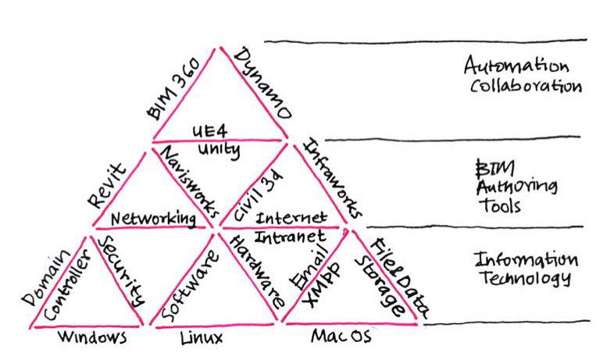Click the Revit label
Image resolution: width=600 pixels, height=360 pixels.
pyautogui.click(x=107, y=186)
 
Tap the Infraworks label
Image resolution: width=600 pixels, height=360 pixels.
pyautogui.click(x=333, y=177)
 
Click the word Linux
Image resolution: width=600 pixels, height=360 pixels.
pyautogui.click(x=201, y=338)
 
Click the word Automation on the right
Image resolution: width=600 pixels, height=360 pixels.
pyautogui.click(x=516, y=65)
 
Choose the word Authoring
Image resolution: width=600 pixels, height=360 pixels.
pyautogui.click(x=516, y=187)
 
